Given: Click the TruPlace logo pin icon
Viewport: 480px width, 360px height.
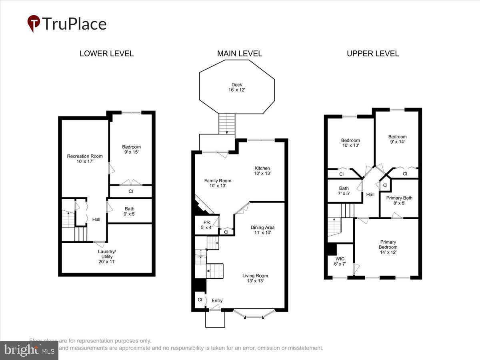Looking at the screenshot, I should (34, 23).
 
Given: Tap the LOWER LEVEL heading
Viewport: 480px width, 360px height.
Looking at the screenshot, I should (106, 54).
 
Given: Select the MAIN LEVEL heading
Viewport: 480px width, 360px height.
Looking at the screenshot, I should (240, 54).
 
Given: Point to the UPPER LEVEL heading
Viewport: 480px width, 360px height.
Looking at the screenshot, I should (373, 54).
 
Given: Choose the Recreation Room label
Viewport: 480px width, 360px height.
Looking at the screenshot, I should (85, 159).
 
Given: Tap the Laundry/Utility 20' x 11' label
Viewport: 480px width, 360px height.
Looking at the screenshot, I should (107, 256).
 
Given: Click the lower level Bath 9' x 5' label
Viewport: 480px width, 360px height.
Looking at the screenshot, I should (130, 211).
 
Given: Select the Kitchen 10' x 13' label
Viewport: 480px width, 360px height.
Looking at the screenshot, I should (262, 171).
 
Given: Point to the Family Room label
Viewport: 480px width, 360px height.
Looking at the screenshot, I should (218, 183).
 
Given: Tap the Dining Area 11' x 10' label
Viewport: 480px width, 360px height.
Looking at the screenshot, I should (262, 230).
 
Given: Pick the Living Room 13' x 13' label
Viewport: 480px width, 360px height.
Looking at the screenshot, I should (255, 278).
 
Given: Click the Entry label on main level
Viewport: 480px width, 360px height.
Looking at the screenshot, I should (217, 301).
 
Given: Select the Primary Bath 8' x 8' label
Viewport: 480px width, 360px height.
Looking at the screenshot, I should (399, 200).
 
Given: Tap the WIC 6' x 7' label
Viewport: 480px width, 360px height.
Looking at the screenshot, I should (339, 261).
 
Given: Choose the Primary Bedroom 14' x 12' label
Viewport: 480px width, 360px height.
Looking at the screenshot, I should (388, 247).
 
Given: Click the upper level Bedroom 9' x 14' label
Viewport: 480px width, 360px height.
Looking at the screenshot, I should (397, 139).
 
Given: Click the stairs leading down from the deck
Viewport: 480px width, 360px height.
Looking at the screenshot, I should (227, 124).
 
